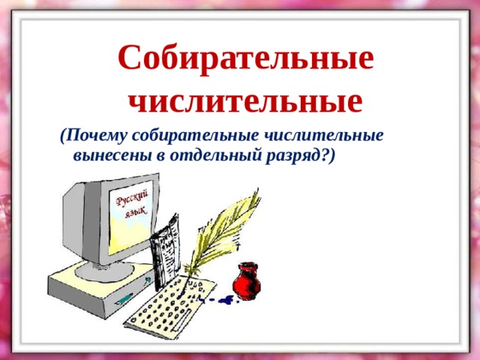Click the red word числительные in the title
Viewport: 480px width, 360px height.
(x=245, y=101)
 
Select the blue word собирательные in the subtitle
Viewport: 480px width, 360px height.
(x=195, y=136)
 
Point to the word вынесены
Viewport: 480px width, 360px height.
(x=112, y=156)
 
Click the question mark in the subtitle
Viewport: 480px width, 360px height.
(x=324, y=155)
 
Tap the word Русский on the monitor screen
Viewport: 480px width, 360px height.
(x=132, y=198)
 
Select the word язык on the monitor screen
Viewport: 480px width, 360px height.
(x=136, y=211)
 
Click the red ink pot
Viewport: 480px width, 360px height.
(x=247, y=281)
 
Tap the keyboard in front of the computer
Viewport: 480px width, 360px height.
(x=170, y=306)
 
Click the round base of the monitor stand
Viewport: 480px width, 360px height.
(x=105, y=271)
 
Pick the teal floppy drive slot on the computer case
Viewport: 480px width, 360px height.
(x=124, y=298)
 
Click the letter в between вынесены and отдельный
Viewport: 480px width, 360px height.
(x=161, y=156)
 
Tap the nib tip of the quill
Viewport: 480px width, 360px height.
(x=181, y=297)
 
